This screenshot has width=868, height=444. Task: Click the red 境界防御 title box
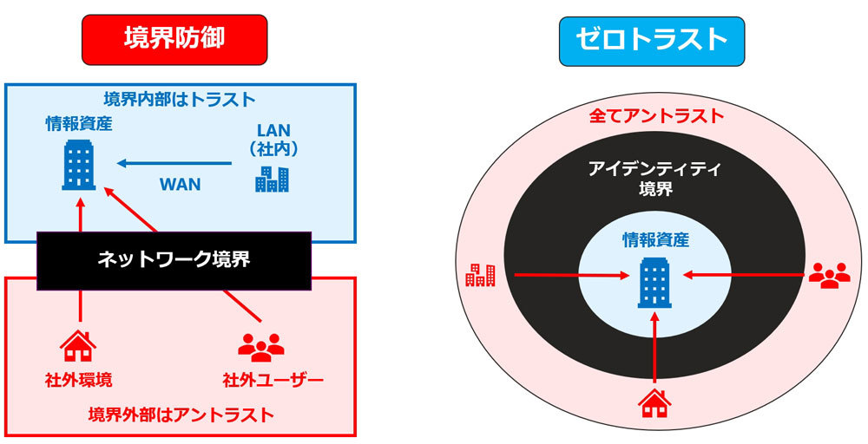[174, 40]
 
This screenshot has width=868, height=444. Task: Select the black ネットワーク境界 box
[174, 261]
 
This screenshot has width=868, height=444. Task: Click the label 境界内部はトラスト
[180, 100]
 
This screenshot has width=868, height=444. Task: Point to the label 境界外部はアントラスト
[181, 415]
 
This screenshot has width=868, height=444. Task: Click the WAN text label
[180, 185]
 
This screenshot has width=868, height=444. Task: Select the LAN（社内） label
[273, 140]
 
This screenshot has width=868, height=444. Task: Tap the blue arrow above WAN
[174, 163]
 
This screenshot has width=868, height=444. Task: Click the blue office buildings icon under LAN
[272, 180]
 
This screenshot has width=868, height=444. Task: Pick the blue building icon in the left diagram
[79, 165]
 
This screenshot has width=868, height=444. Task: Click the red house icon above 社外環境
[78, 346]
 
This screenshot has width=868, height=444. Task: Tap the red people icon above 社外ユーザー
[260, 347]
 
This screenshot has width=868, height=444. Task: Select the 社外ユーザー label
[273, 381]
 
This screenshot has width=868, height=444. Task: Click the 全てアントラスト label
[656, 116]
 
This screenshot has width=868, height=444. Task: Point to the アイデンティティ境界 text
[655, 179]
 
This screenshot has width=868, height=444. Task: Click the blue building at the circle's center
[654, 282]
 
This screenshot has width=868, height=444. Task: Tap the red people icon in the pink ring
[829, 275]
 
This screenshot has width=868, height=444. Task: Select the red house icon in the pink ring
[654, 403]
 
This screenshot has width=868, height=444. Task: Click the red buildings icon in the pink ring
[480, 275]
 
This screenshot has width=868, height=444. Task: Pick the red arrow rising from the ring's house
[654, 347]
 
